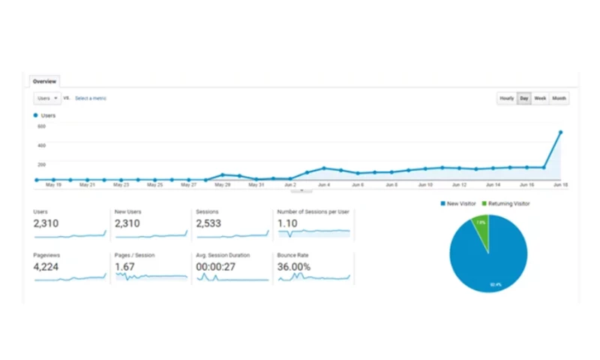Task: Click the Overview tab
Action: (x=43, y=81)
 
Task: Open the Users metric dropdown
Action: (x=47, y=98)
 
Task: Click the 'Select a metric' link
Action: (x=91, y=98)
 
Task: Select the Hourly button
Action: (x=507, y=98)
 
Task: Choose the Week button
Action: (x=540, y=98)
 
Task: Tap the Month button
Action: (x=559, y=98)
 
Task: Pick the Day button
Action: (x=524, y=98)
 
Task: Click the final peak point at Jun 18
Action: (x=560, y=133)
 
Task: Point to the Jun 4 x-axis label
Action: (x=323, y=184)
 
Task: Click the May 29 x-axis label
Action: (x=222, y=184)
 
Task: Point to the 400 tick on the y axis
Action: (x=41, y=145)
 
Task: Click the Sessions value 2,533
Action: (x=209, y=223)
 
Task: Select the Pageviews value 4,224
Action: (x=46, y=266)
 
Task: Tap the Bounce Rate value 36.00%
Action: (x=294, y=266)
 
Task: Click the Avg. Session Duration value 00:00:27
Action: (x=214, y=266)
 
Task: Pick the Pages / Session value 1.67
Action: (x=124, y=266)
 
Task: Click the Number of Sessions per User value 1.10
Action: (x=286, y=223)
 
